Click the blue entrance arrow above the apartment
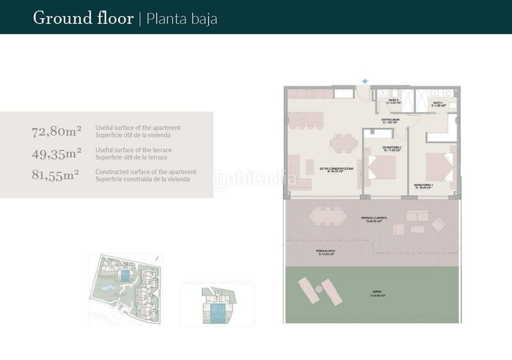pyautogui.click(x=364, y=81)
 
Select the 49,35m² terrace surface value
pyautogui.click(x=56, y=153)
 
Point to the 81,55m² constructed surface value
pyautogui.click(x=56, y=175)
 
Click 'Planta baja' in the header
pyautogui.click(x=182, y=18)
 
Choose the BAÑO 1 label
pyautogui.click(x=438, y=104)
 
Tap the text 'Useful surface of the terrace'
pyautogui.click(x=134, y=150)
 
